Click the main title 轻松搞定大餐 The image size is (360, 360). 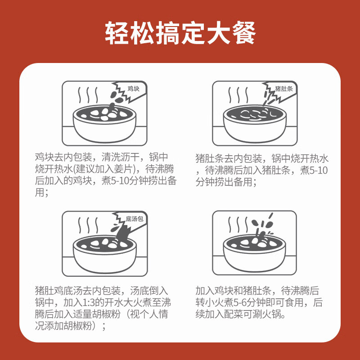[180, 33]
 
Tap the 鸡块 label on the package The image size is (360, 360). [134, 89]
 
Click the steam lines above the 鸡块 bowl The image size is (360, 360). [88, 95]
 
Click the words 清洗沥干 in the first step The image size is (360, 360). [119, 157]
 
